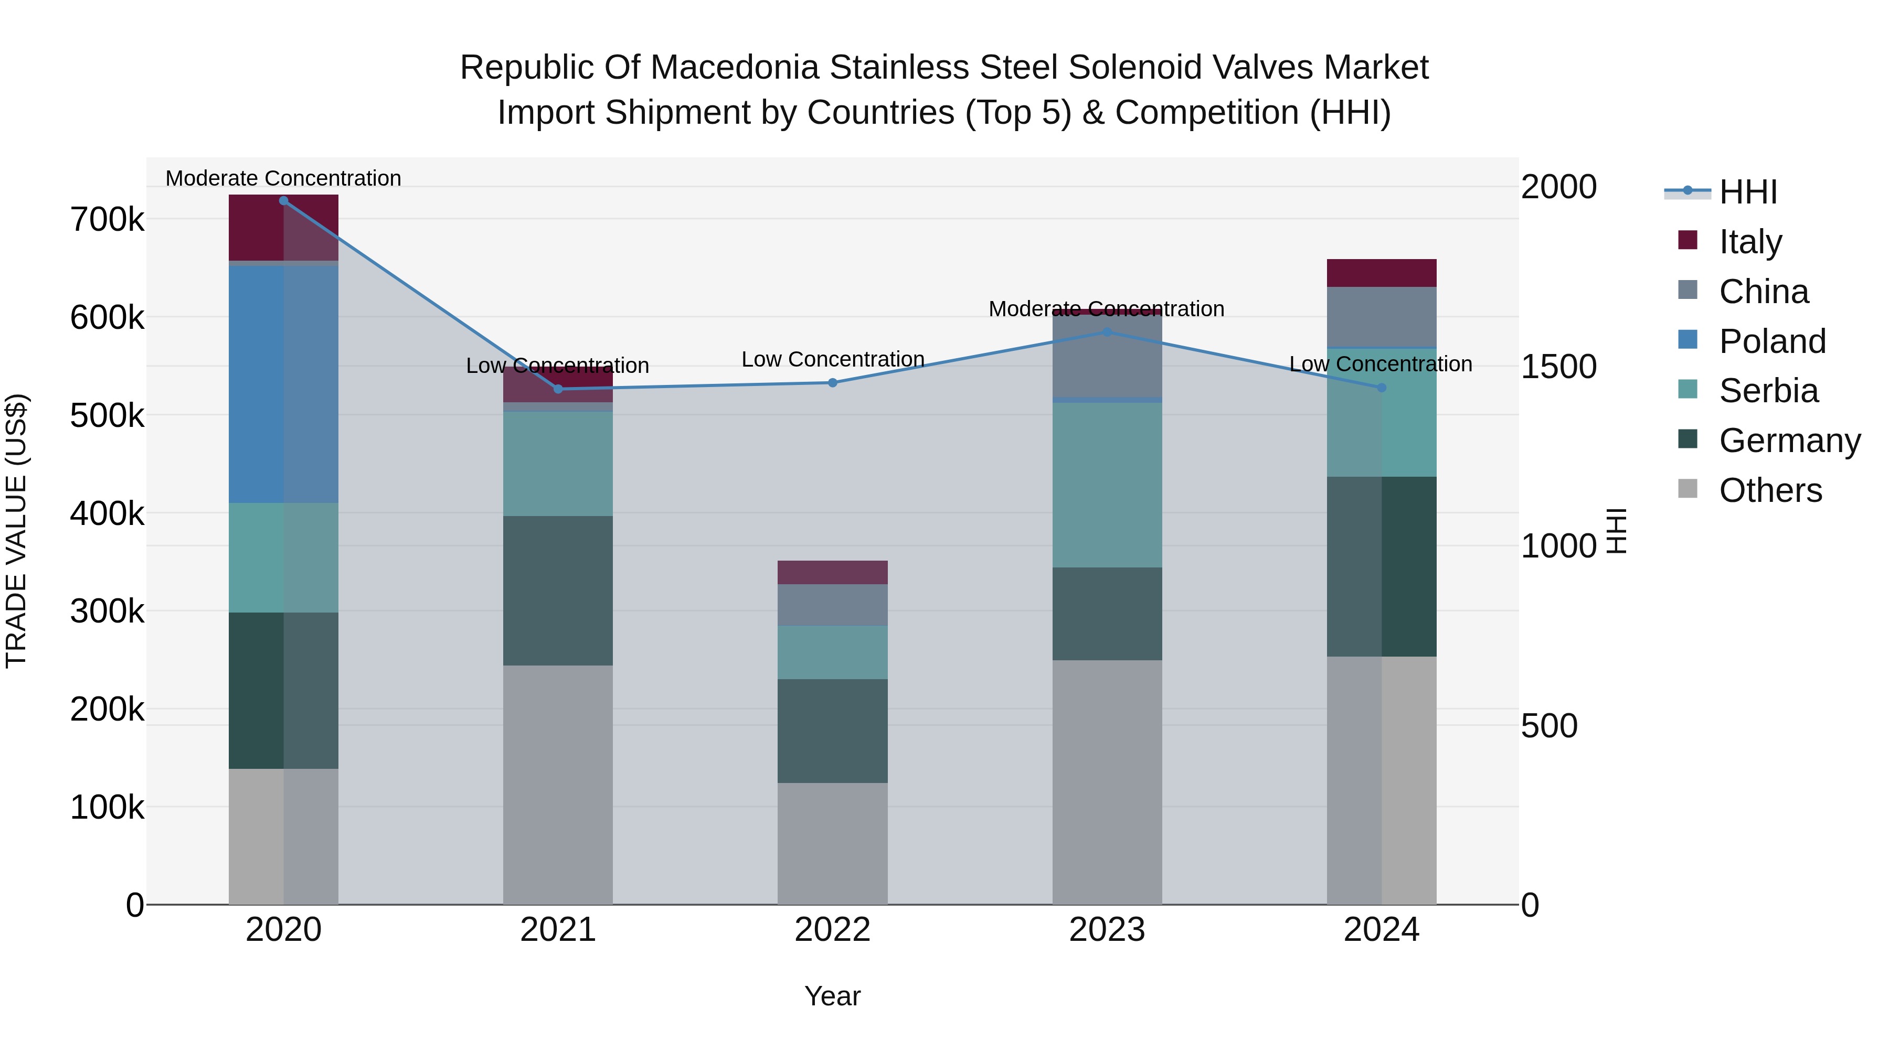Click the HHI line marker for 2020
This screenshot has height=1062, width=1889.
click(x=284, y=201)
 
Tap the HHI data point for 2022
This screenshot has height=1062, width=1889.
click(x=832, y=383)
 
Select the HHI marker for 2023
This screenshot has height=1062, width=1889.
click(x=1107, y=332)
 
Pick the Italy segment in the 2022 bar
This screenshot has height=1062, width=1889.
click(x=832, y=572)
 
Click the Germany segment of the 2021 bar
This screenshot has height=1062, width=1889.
click(x=557, y=591)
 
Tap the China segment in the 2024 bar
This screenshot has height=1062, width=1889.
click(x=1382, y=317)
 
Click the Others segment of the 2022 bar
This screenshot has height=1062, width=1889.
click(x=832, y=843)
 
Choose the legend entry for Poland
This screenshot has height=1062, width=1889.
click(x=1771, y=341)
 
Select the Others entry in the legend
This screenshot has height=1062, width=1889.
click(x=1770, y=490)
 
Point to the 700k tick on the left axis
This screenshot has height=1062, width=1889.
click(x=107, y=219)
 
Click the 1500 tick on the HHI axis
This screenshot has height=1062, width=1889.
click(x=1558, y=367)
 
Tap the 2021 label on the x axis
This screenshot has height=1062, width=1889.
click(x=557, y=930)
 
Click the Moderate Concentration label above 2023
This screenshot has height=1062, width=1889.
click(x=1107, y=309)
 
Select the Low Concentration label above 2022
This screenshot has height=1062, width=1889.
click(x=832, y=360)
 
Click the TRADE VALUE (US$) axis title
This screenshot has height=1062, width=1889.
click(x=16, y=531)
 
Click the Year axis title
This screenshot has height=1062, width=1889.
click(x=832, y=996)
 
